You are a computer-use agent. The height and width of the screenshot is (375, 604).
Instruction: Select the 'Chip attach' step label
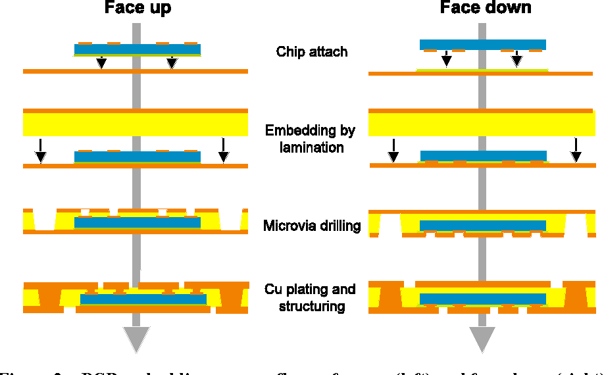311,51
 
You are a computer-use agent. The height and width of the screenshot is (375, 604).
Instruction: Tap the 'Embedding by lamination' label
311,139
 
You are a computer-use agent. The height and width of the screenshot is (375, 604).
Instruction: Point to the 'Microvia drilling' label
312,226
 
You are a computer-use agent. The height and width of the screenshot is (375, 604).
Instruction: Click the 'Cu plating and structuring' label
311,297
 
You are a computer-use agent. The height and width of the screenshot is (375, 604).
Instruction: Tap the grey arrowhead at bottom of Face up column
137,339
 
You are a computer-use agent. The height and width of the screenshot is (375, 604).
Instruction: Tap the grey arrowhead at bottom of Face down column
482,339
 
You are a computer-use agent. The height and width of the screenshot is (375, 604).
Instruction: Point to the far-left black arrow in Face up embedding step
41,151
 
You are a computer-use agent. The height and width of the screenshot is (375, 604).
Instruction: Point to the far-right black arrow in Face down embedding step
576,150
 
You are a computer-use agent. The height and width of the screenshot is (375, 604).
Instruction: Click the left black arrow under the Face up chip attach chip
101,63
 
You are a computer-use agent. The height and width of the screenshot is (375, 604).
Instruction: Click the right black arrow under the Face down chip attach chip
517,59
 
